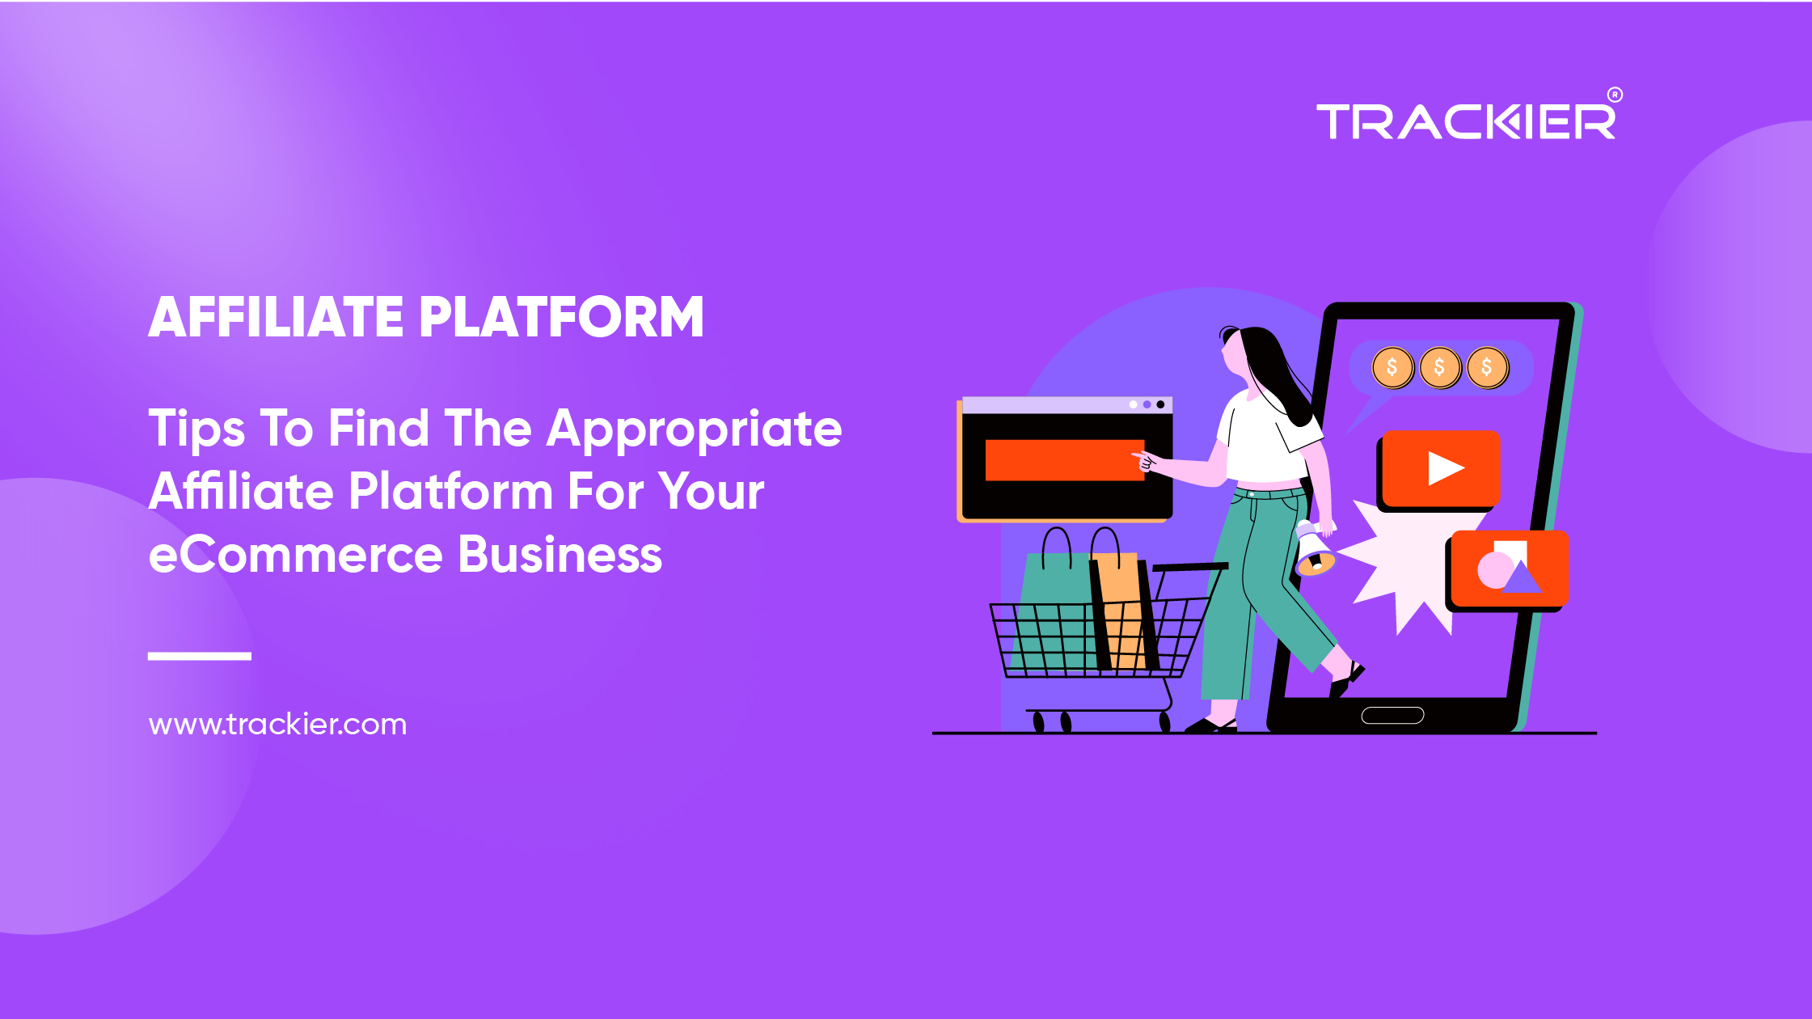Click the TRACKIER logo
(x=1466, y=121)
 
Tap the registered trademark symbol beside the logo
(x=1615, y=95)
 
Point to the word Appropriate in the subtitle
(x=695, y=430)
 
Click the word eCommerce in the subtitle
(x=296, y=555)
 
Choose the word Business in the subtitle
(x=560, y=555)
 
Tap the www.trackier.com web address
(x=277, y=724)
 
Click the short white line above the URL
(x=200, y=656)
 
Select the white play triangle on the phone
(x=1445, y=468)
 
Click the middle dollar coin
(x=1440, y=368)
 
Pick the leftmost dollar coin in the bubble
(x=1392, y=368)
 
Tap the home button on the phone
(x=1392, y=715)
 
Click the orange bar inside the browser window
(x=1065, y=460)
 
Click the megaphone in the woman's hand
(x=1313, y=550)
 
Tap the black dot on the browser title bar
(x=1160, y=404)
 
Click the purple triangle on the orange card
(x=1522, y=577)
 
